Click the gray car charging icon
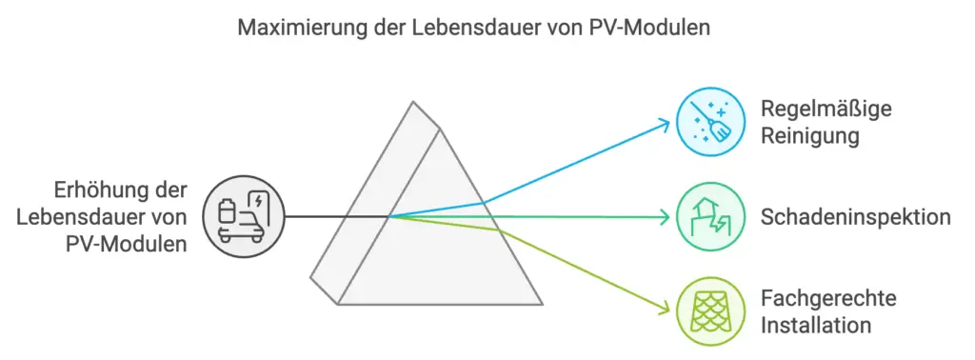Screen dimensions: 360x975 (244, 216)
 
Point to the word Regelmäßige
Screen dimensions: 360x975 (826, 108)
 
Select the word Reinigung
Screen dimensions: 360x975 (810, 135)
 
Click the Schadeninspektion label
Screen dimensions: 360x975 (855, 217)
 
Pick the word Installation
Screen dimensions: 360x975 (816, 326)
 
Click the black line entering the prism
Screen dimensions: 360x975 (333, 216)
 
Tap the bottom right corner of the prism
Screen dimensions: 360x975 (542, 304)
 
